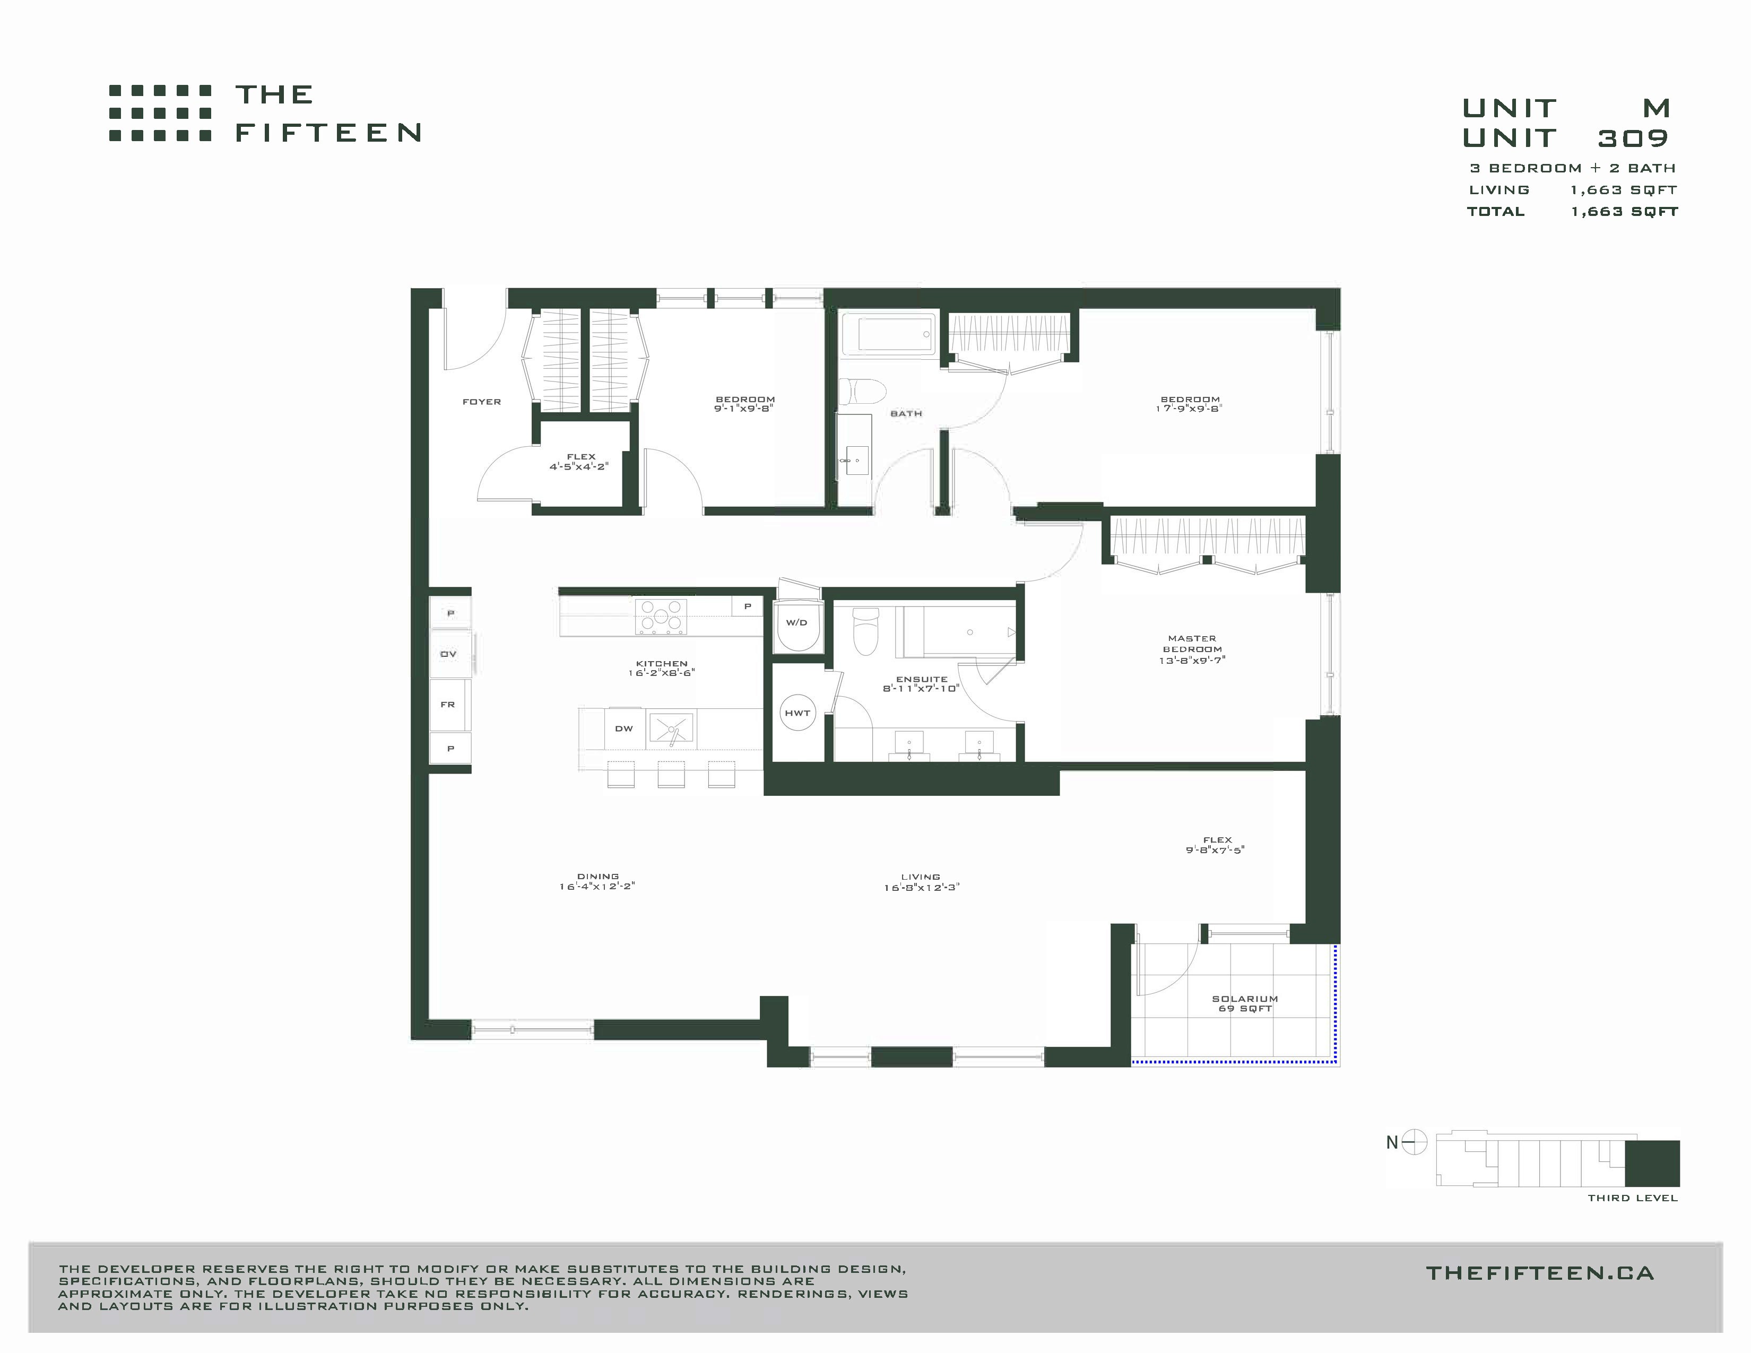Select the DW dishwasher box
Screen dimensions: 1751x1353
click(625, 728)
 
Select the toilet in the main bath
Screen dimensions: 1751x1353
click(861, 392)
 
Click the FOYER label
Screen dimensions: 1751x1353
click(482, 402)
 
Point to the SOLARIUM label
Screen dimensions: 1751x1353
click(1245, 999)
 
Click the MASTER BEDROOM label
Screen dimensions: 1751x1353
click(1192, 644)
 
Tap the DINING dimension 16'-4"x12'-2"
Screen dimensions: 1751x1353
click(597, 887)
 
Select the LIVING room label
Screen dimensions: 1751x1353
click(921, 877)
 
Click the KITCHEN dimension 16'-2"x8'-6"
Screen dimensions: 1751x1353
click(662, 673)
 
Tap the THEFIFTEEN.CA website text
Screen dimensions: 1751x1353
click(1539, 1273)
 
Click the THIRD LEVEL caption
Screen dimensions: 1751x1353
click(1632, 1198)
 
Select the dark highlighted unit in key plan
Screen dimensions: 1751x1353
click(1652, 1163)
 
